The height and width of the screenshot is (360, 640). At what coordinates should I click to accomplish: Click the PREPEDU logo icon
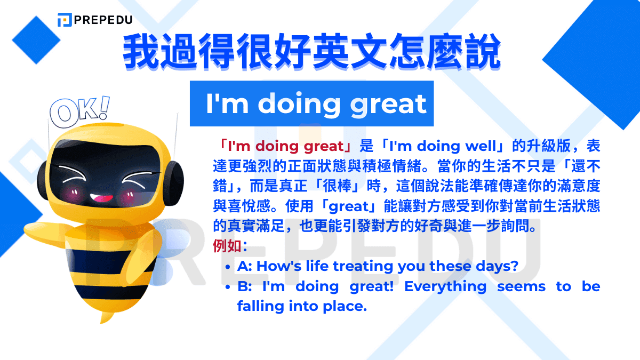(x=65, y=20)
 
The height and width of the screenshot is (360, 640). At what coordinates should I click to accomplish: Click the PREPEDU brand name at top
(x=104, y=20)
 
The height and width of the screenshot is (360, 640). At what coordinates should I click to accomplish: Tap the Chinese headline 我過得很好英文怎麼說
(x=312, y=53)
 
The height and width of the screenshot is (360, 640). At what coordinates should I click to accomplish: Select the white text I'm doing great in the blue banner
(x=316, y=104)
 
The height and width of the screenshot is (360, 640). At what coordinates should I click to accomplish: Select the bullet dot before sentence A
(x=228, y=267)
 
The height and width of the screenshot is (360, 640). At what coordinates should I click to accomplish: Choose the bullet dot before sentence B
(x=228, y=287)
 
